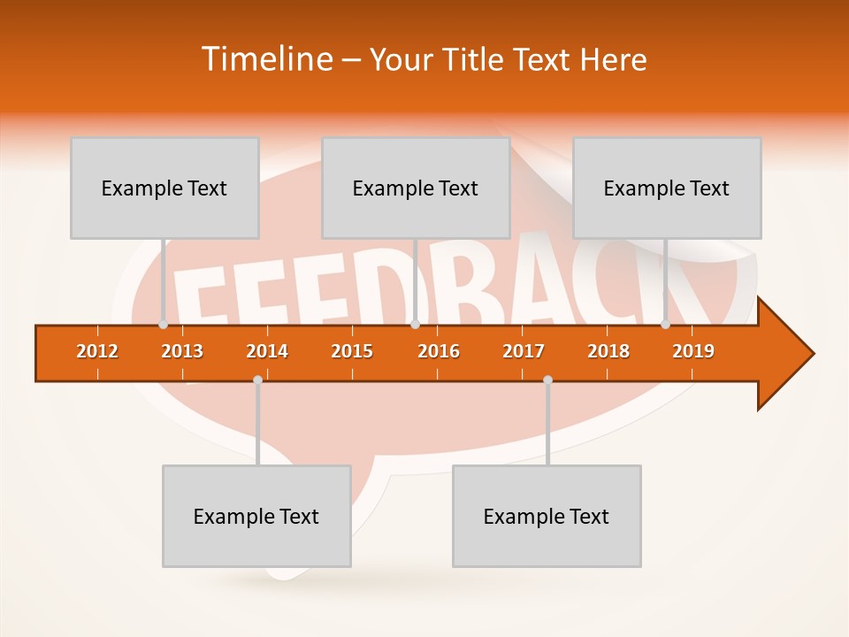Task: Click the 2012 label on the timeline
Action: [x=97, y=351]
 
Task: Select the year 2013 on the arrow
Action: [x=182, y=351]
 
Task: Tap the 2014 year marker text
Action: [x=267, y=351]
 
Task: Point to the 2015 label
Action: [x=352, y=351]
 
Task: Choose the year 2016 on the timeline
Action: [x=439, y=351]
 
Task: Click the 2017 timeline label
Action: [x=524, y=351]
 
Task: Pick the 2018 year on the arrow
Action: [x=608, y=351]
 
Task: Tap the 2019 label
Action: [x=693, y=351]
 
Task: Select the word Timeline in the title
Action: [x=264, y=59]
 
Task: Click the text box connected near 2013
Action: [x=164, y=188]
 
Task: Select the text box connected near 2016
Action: [x=416, y=188]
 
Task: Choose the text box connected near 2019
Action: [x=667, y=188]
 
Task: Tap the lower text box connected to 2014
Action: [x=256, y=516]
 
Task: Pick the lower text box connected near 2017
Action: [x=547, y=516]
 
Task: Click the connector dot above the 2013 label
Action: [x=164, y=325]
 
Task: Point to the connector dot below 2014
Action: [x=257, y=380]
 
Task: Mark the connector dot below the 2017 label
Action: [x=547, y=380]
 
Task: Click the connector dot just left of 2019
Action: [x=666, y=325]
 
